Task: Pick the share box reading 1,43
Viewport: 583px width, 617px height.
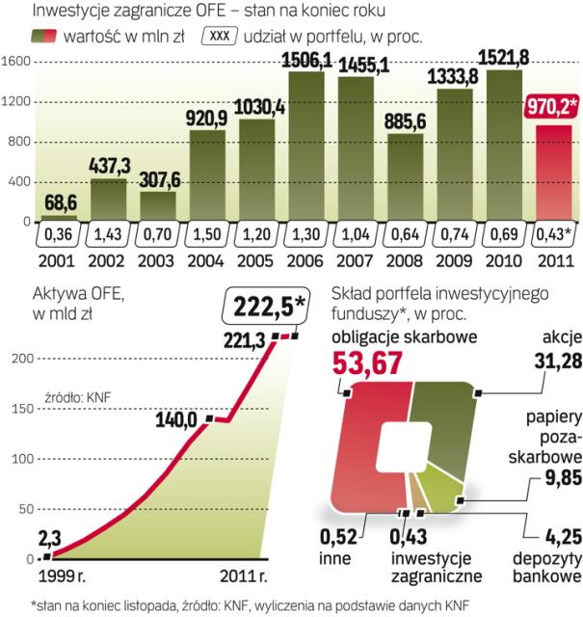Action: (x=108, y=236)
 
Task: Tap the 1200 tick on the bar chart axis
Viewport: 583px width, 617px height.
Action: (x=18, y=101)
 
